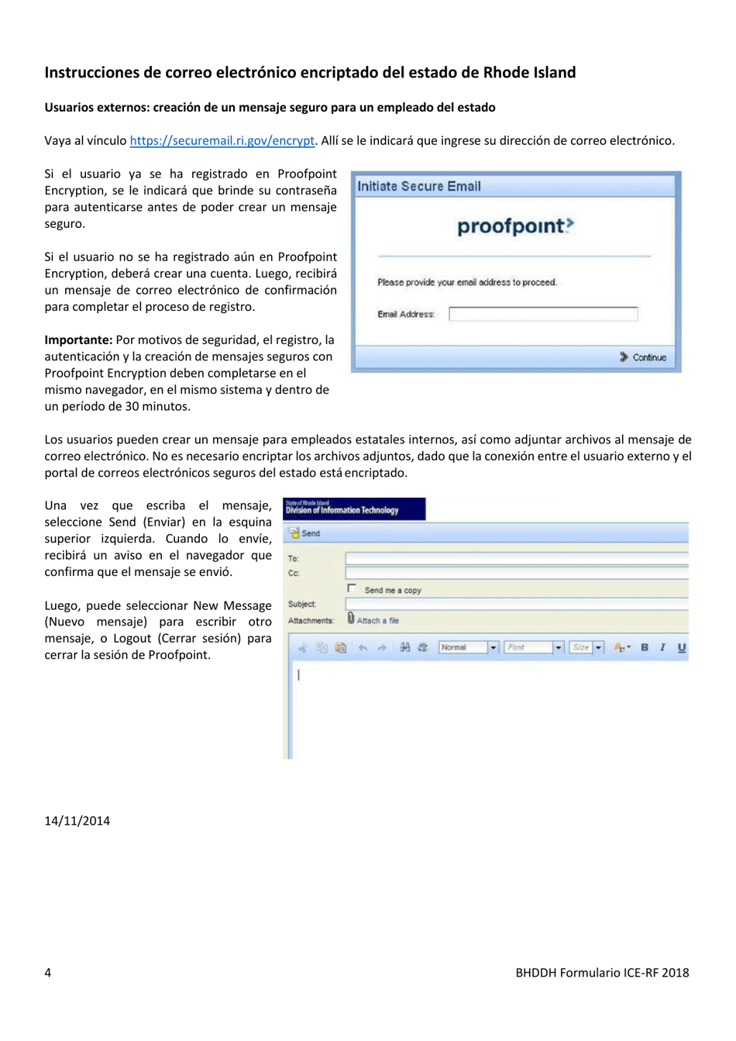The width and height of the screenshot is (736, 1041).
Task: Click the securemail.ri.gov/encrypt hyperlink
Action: click(x=222, y=140)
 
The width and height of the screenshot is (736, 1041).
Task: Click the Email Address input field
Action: click(x=543, y=314)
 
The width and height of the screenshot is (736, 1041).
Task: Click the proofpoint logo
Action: click(x=515, y=226)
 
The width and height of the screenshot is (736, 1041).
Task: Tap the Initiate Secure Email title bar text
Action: click(x=419, y=186)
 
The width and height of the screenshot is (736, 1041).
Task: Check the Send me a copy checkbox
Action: click(x=352, y=588)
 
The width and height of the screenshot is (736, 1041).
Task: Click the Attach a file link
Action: click(x=377, y=620)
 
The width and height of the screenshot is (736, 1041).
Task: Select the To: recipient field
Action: click(x=516, y=558)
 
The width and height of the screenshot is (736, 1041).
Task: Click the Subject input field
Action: click(x=516, y=604)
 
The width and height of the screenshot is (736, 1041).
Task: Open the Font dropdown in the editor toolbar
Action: click(x=535, y=647)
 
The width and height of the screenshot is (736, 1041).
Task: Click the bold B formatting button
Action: click(x=645, y=647)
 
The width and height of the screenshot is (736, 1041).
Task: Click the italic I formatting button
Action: click(x=663, y=647)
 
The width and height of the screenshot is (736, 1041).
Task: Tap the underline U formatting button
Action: click(x=681, y=647)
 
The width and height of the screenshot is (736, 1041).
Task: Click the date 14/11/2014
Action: click(x=77, y=821)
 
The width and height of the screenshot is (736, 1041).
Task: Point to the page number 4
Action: click(x=48, y=973)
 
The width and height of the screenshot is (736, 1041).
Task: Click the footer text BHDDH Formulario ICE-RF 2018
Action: click(x=602, y=973)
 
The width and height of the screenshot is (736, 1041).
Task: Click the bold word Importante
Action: click(x=78, y=340)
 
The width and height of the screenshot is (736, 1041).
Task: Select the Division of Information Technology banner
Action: click(x=354, y=508)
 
